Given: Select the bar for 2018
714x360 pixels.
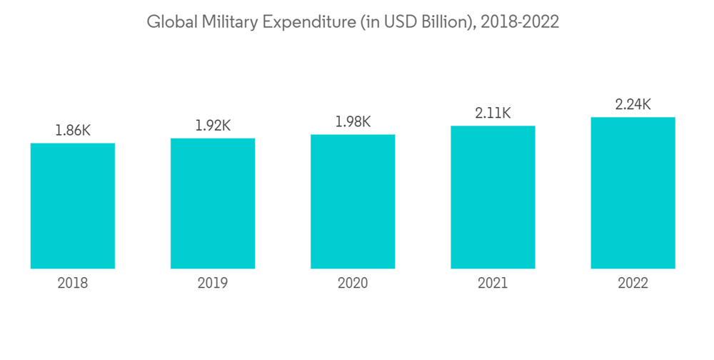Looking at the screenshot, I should (x=73, y=206).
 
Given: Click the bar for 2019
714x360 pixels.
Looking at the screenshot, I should (x=213, y=204).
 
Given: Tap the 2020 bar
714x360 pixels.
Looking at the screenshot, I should (x=353, y=201).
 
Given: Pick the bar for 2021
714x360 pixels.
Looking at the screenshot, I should (x=493, y=197).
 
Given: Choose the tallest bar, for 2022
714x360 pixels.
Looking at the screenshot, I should (x=633, y=193).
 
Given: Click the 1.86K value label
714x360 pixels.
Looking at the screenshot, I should (x=73, y=131).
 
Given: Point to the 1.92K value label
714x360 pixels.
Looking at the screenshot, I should (x=213, y=126).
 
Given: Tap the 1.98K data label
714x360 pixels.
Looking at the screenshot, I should (x=353, y=122).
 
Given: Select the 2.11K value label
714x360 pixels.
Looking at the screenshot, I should (x=493, y=113).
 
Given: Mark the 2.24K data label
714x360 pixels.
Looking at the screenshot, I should (x=633, y=104).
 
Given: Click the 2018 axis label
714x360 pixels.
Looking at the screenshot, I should (x=73, y=284).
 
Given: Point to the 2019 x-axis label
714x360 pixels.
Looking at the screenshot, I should (x=213, y=284).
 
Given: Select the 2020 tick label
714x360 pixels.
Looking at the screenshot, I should (x=353, y=284).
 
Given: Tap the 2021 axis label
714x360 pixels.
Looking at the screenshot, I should (x=493, y=284).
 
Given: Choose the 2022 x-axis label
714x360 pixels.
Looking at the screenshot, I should (x=633, y=284).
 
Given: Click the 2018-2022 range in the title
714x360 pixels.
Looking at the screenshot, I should (x=520, y=22).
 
